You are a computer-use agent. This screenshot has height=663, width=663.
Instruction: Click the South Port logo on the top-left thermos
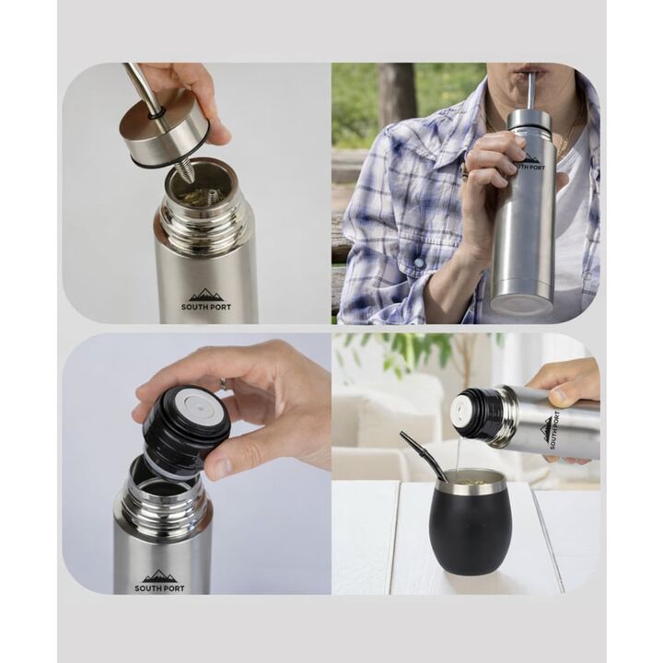[x=206, y=300]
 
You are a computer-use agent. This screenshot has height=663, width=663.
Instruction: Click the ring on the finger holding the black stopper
[x=223, y=382]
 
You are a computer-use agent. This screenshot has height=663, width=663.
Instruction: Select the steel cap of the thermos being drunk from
[x=530, y=120]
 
